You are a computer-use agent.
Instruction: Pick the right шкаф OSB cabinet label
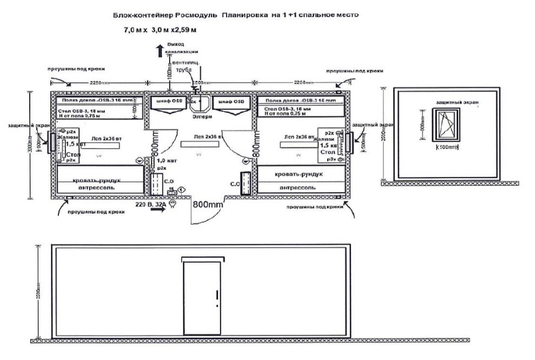(x=230, y=102)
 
